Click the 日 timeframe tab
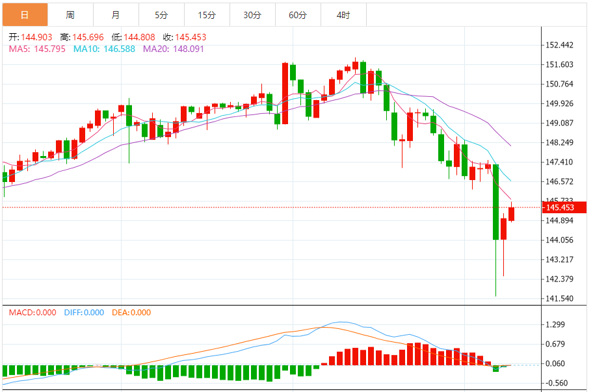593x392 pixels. point(25,14)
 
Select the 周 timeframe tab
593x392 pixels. point(70,14)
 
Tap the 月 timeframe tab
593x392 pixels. point(116,14)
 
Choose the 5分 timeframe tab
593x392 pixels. point(161,14)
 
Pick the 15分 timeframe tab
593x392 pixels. point(207,14)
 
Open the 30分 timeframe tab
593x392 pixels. point(252,14)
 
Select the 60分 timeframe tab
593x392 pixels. point(298,14)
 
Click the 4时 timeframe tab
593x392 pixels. point(343,14)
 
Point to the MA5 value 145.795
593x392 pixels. point(49,49)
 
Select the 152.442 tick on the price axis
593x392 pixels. point(560,45)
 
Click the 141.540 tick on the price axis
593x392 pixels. point(560,298)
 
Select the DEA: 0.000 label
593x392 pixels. point(131,313)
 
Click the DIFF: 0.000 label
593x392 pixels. point(84,313)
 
